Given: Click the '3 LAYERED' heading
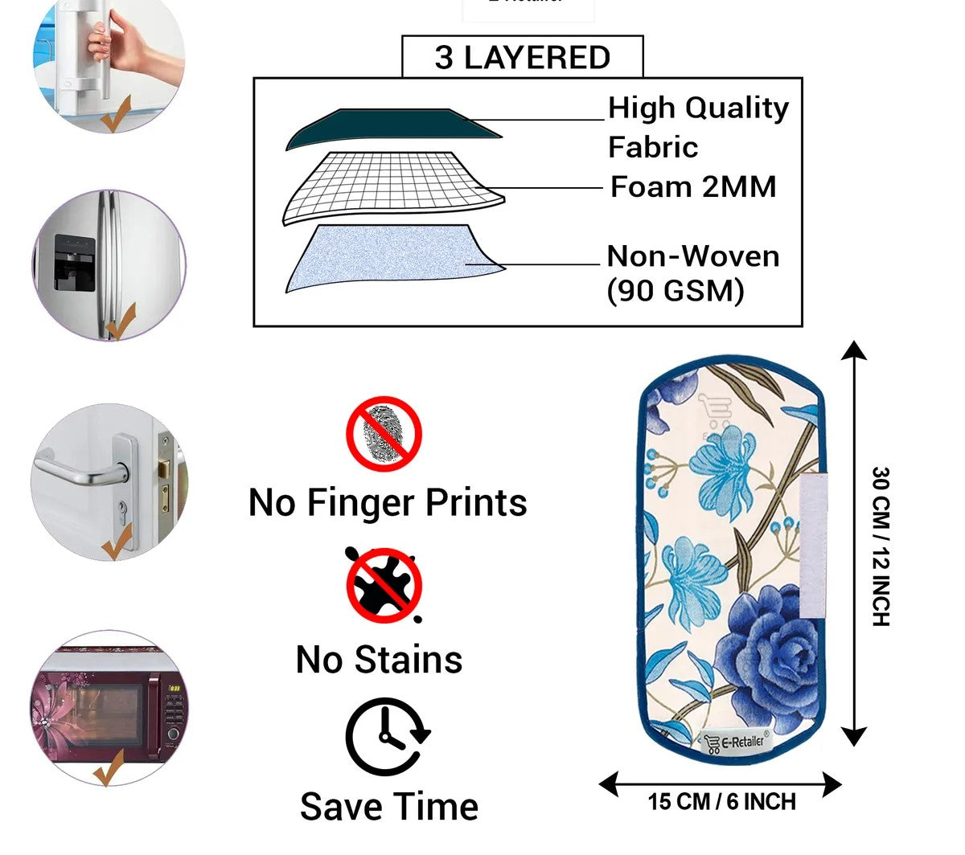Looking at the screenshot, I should [x=522, y=58].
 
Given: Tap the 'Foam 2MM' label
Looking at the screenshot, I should [x=693, y=187].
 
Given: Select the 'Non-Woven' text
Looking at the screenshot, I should [x=693, y=256].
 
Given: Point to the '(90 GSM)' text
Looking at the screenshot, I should [x=675, y=290].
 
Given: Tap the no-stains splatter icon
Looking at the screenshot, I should [x=384, y=584].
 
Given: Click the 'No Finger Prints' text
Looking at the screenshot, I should [x=388, y=502].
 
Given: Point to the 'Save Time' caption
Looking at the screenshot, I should [x=389, y=807].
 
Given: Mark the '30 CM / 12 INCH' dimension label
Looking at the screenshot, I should [x=881, y=546].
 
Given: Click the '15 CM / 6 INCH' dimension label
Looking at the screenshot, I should [x=721, y=802].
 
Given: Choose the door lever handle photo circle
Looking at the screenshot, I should [x=109, y=482].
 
